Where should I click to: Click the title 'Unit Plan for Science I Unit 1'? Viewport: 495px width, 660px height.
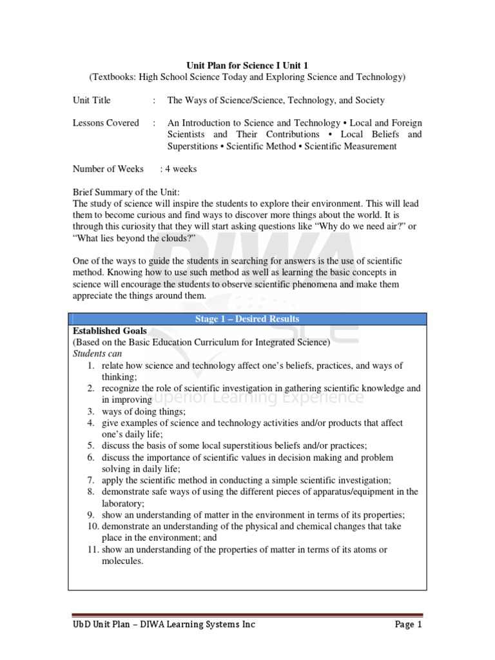(x=247, y=66)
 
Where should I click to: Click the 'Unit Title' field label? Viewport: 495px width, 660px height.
(x=92, y=100)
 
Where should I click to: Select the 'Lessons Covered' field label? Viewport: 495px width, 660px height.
(x=106, y=122)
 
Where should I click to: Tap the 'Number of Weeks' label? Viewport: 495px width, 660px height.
(x=108, y=169)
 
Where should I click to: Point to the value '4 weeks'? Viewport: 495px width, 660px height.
(x=182, y=169)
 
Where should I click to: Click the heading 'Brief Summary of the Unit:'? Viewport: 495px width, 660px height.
(x=126, y=193)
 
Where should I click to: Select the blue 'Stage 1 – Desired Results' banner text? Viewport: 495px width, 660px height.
(x=247, y=319)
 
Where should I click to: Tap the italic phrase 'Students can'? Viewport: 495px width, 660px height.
(x=97, y=354)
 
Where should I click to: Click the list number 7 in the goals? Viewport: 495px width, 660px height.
(x=92, y=480)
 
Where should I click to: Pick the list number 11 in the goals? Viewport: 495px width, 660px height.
(x=90, y=549)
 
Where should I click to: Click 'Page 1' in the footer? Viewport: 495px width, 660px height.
(x=407, y=625)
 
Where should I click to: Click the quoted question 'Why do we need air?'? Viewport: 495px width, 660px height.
(x=358, y=227)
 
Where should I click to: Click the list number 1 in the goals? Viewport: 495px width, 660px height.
(x=92, y=365)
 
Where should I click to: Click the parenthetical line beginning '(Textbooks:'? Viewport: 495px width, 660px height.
(x=247, y=77)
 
